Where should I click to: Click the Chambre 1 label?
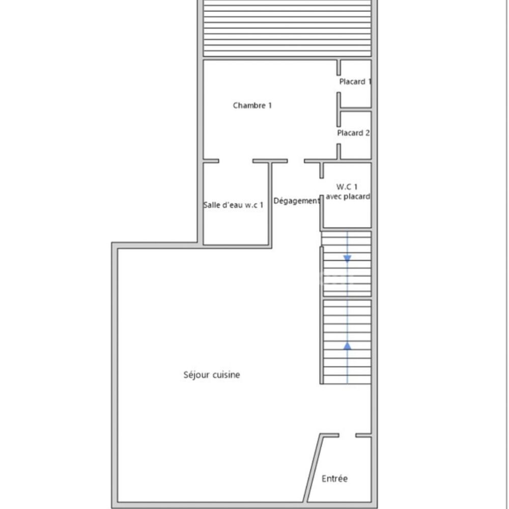click(x=252, y=105)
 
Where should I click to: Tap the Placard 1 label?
click(x=355, y=81)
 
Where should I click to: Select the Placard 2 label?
click(x=353, y=133)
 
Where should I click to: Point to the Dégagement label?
click(x=297, y=201)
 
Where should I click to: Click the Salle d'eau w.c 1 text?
click(x=234, y=205)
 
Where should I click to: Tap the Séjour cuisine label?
click(x=211, y=375)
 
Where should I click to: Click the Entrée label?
click(x=334, y=478)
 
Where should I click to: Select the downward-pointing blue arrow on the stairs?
click(x=347, y=259)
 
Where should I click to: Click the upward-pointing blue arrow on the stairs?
click(x=347, y=346)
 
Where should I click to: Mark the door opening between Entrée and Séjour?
click(x=347, y=435)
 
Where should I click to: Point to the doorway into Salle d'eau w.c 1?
click(x=236, y=161)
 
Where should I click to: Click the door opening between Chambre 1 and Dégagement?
click(x=296, y=161)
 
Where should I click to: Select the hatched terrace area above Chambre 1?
click(x=288, y=28)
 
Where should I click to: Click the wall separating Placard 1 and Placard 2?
click(x=355, y=109)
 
